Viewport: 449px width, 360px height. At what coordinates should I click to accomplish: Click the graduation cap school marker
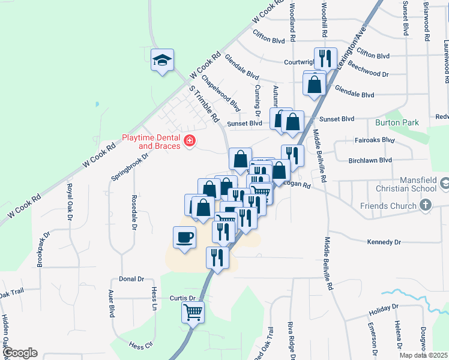pyautogui.click(x=162, y=59)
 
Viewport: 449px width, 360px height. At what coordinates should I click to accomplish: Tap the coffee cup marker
pyautogui.click(x=185, y=237)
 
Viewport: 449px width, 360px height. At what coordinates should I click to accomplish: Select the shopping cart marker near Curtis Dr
pyautogui.click(x=193, y=312)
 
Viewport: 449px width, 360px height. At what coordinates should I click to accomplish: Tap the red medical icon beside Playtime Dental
pyautogui.click(x=190, y=141)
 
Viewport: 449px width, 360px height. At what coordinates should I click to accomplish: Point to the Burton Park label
pyautogui.click(x=396, y=122)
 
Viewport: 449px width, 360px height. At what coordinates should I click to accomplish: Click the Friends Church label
pyautogui.click(x=388, y=206)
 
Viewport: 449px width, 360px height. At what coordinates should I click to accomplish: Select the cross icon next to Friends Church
pyautogui.click(x=425, y=206)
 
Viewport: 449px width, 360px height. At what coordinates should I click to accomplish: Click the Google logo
pyautogui.click(x=20, y=353)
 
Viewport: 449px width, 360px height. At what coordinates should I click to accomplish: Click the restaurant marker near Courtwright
pyautogui.click(x=325, y=58)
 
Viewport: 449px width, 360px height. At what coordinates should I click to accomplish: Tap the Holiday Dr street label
pyautogui.click(x=384, y=310)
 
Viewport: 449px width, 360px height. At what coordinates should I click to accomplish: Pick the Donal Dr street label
pyautogui.click(x=132, y=279)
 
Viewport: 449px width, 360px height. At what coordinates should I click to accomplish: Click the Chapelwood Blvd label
pyautogui.click(x=221, y=93)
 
